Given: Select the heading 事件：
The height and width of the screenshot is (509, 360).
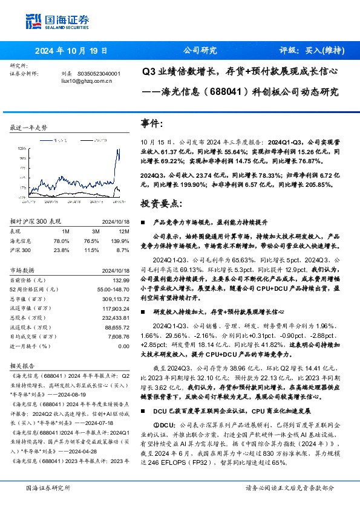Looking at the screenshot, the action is pos(152,124).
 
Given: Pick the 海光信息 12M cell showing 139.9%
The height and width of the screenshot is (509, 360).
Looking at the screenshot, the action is pos(121,241).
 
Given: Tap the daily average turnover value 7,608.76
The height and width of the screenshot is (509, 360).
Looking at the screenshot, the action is pos(117,337).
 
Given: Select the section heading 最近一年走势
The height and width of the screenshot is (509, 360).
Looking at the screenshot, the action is pos(28,128).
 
